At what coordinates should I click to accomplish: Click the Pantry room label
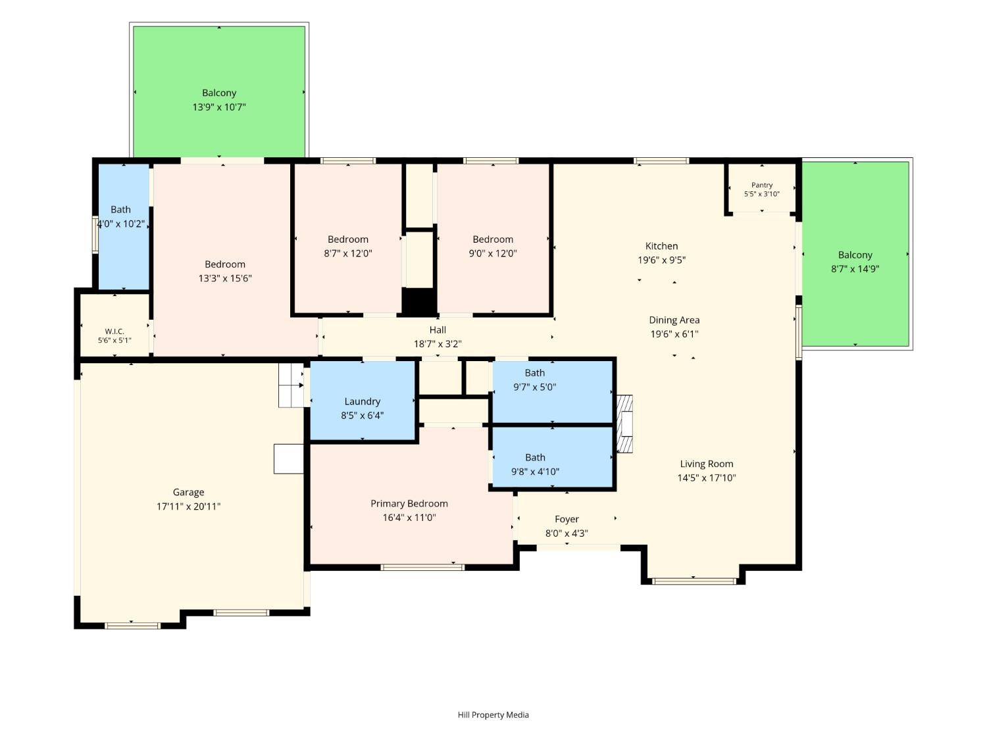point(761,185)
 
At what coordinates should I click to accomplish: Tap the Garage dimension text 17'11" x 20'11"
point(188,506)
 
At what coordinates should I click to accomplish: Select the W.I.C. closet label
point(114,331)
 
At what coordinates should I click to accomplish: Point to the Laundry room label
point(362,401)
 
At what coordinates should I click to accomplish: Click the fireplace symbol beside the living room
point(624,424)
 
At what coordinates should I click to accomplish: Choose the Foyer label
point(567,520)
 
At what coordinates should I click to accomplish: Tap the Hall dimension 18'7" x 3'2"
point(438,344)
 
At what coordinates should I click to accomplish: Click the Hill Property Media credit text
point(493,715)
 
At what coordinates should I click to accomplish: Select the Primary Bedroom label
point(409,504)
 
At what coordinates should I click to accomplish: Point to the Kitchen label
point(661,246)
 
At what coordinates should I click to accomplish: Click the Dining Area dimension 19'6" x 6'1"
point(674,334)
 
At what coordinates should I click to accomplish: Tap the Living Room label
point(707,464)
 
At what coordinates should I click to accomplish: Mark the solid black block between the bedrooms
point(418,301)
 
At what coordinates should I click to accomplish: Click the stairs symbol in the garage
point(291,385)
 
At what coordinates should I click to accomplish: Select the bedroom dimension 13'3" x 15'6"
point(225,278)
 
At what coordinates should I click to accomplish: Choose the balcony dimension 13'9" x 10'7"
point(219,107)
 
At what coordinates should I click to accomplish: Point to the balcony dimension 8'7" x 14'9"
point(855,268)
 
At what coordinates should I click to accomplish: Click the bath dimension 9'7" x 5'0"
point(535,387)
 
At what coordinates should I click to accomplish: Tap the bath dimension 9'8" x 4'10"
point(535,472)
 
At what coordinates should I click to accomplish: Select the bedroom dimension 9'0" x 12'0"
point(493,253)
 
